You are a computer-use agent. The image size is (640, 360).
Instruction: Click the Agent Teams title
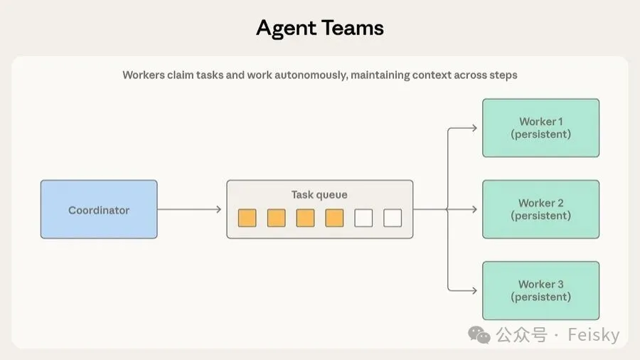click(319, 28)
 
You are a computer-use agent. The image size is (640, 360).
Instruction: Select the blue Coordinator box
click(99, 209)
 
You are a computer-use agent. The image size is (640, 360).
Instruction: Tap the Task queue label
click(319, 194)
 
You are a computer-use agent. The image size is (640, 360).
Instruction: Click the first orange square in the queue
click(247, 218)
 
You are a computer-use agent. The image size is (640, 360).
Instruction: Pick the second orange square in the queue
click(276, 218)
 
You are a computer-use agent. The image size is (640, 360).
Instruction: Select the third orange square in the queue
click(305, 218)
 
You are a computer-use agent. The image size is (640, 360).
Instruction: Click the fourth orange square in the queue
click(334, 218)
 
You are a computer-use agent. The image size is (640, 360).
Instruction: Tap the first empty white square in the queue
click(363, 218)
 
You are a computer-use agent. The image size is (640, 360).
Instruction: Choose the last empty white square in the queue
click(393, 218)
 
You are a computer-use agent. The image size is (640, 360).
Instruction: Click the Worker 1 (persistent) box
click(540, 128)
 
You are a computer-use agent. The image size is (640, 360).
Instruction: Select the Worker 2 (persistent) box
click(540, 209)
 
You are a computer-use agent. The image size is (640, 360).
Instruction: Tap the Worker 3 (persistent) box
click(540, 290)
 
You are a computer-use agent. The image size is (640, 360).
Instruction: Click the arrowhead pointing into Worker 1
click(474, 128)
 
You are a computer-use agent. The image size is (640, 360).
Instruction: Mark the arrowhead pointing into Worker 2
click(474, 209)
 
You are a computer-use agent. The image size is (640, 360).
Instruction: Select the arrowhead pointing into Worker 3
click(474, 290)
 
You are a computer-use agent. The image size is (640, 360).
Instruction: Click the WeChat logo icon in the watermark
click(479, 335)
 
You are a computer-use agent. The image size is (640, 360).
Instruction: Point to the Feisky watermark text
click(593, 335)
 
